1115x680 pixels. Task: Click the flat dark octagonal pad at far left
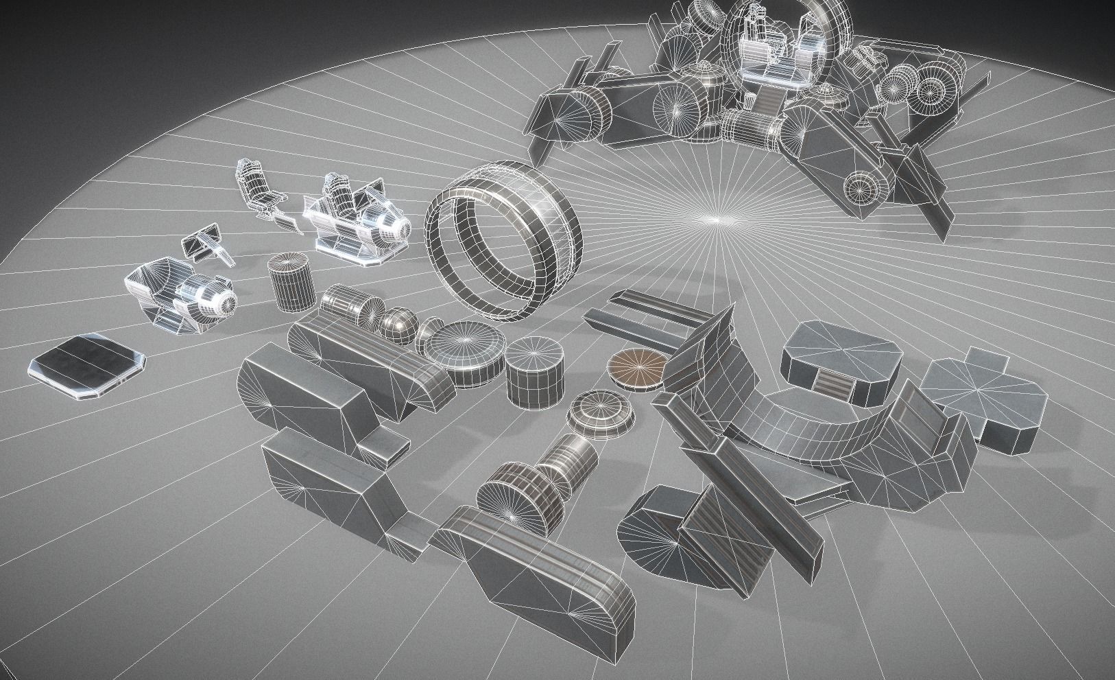coord(88,364)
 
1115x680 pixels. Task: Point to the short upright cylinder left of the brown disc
coord(536,371)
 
